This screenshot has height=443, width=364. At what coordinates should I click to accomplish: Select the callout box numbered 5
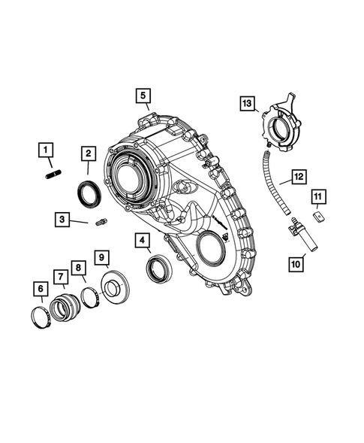click(143, 96)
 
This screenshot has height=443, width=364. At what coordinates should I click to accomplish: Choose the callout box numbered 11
click(317, 198)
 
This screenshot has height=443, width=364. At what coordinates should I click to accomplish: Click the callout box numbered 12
click(298, 178)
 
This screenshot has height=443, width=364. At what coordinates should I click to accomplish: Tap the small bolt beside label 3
click(102, 222)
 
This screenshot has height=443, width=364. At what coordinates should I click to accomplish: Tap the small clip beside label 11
click(319, 216)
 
